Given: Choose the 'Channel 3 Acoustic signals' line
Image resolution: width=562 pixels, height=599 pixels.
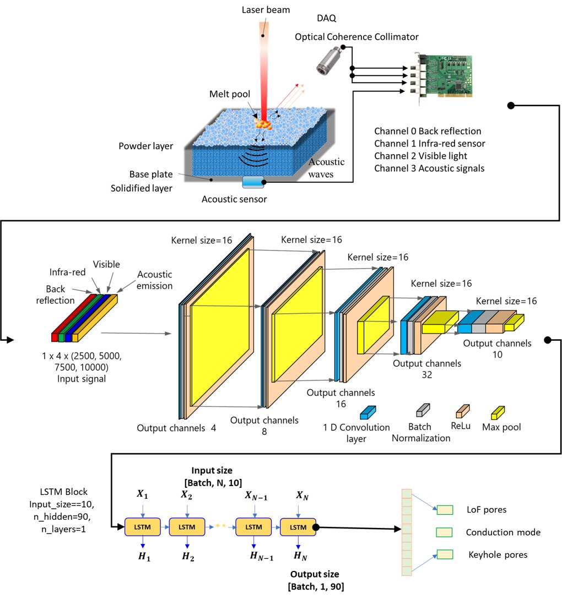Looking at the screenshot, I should point(429,168).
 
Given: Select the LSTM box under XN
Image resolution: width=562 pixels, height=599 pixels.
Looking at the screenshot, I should point(298,527).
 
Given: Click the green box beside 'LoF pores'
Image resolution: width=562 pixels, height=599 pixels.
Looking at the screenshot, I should point(444,509).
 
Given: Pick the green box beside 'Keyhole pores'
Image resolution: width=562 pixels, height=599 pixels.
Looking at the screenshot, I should point(444,554).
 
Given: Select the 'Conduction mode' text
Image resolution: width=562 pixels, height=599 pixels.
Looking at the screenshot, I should point(502,532).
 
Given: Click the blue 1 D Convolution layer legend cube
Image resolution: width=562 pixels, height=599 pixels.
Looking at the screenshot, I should point(368,412).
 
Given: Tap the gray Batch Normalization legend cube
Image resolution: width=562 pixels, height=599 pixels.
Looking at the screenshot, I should point(422,409).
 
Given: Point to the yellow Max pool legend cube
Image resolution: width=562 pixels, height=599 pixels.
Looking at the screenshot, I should point(498,411).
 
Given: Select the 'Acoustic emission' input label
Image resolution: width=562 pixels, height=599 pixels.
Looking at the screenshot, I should point(154,280).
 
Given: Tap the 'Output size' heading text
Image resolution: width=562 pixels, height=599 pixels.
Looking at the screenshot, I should point(315,574).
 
